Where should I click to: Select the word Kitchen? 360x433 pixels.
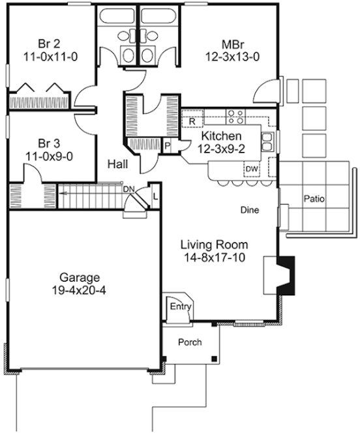pos(221,136)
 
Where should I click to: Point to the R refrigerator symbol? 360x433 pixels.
pos(192,121)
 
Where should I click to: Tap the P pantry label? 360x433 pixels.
pos(167,146)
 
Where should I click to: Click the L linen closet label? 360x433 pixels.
pos(155,194)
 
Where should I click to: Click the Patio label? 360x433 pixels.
pos(315,198)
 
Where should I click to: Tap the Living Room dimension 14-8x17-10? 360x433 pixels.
pos(215,258)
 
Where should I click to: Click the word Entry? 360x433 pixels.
pos(177,306)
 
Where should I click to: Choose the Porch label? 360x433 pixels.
pos(190,342)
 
